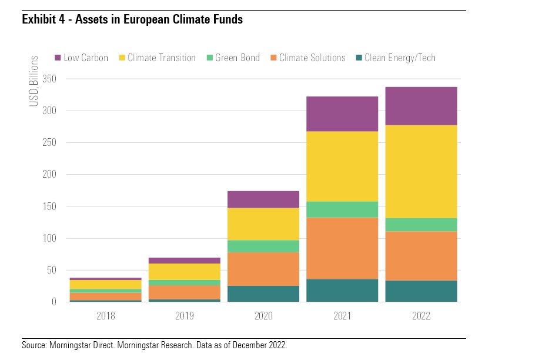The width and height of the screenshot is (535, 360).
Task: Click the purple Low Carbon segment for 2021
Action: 342,114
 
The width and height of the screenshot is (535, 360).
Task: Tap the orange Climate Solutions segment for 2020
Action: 263,269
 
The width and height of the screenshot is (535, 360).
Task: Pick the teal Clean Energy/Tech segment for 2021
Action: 342,291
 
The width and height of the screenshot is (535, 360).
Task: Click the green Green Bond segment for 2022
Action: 421,225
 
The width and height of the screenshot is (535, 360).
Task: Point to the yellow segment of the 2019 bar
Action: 184,272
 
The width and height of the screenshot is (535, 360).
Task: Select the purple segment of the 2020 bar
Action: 263,199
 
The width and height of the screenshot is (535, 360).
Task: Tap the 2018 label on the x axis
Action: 105,316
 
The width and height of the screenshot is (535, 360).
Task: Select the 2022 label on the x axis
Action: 421,316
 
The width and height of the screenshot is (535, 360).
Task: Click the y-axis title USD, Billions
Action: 34,81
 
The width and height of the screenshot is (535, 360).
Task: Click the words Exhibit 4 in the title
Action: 42,20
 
